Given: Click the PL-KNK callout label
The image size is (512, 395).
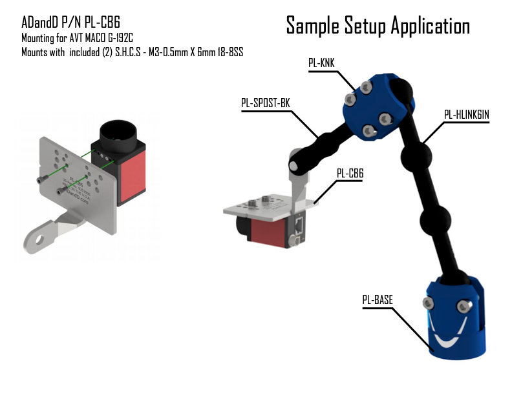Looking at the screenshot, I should pyautogui.click(x=321, y=63).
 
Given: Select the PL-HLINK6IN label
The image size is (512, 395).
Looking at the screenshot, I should pyautogui.click(x=466, y=115).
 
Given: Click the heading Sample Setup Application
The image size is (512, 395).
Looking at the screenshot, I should pyautogui.click(x=378, y=26).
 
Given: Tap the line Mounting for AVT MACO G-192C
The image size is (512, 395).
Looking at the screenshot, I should pyautogui.click(x=81, y=39).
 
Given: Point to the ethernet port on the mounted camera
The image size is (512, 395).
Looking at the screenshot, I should pyautogui.click(x=298, y=225).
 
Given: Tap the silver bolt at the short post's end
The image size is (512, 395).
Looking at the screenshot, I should pyautogui.click(x=295, y=165).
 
